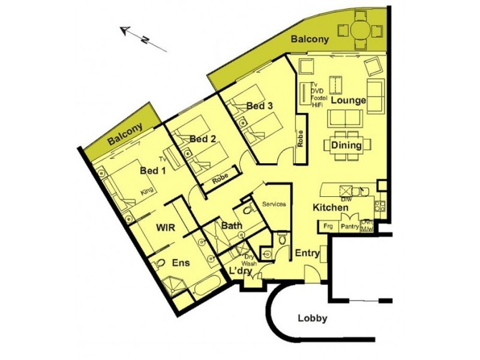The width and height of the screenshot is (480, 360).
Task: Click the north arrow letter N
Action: (x=145, y=40)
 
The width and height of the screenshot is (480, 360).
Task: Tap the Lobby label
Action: (x=313, y=319)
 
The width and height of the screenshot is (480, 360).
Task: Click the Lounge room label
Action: (x=349, y=101)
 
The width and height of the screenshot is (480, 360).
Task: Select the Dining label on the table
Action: (x=346, y=145)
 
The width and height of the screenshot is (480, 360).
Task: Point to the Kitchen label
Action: (x=330, y=208)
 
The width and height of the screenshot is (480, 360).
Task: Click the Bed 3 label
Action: (x=260, y=106)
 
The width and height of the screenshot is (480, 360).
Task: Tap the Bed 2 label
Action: (x=202, y=139)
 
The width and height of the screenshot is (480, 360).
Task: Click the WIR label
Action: (x=166, y=228)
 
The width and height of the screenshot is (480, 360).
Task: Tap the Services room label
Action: (x=274, y=204)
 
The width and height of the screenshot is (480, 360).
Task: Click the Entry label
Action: (x=307, y=254)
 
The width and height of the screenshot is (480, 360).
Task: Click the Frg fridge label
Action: (x=328, y=227)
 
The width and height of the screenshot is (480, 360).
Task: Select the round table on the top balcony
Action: (x=361, y=29)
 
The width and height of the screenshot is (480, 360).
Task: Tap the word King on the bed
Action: (x=146, y=191)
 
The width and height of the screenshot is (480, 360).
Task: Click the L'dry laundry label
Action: (x=240, y=271)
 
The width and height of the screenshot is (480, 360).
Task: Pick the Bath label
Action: (x=231, y=227)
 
